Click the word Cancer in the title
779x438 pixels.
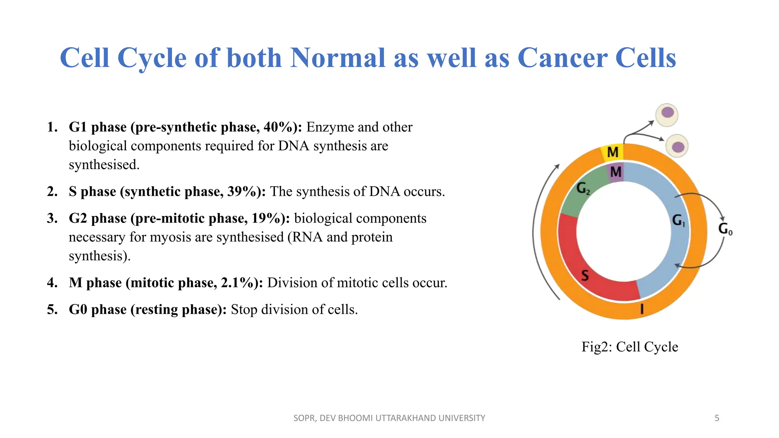coord(562,58)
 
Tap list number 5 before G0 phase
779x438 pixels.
coord(52,309)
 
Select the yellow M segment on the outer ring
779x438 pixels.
coord(613,152)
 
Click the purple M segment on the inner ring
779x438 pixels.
coord(616,172)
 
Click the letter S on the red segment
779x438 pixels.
coord(585,275)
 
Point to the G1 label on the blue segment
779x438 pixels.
coord(678,220)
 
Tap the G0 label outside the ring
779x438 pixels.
coord(725,229)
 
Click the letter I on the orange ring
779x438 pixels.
coord(642,309)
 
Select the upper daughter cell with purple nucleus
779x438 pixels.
coord(667,114)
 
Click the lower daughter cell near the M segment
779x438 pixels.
coord(677,146)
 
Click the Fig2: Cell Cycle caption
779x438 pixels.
coord(630,347)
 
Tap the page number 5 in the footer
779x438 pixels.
coord(717,418)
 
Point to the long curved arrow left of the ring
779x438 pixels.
coord(536,232)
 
